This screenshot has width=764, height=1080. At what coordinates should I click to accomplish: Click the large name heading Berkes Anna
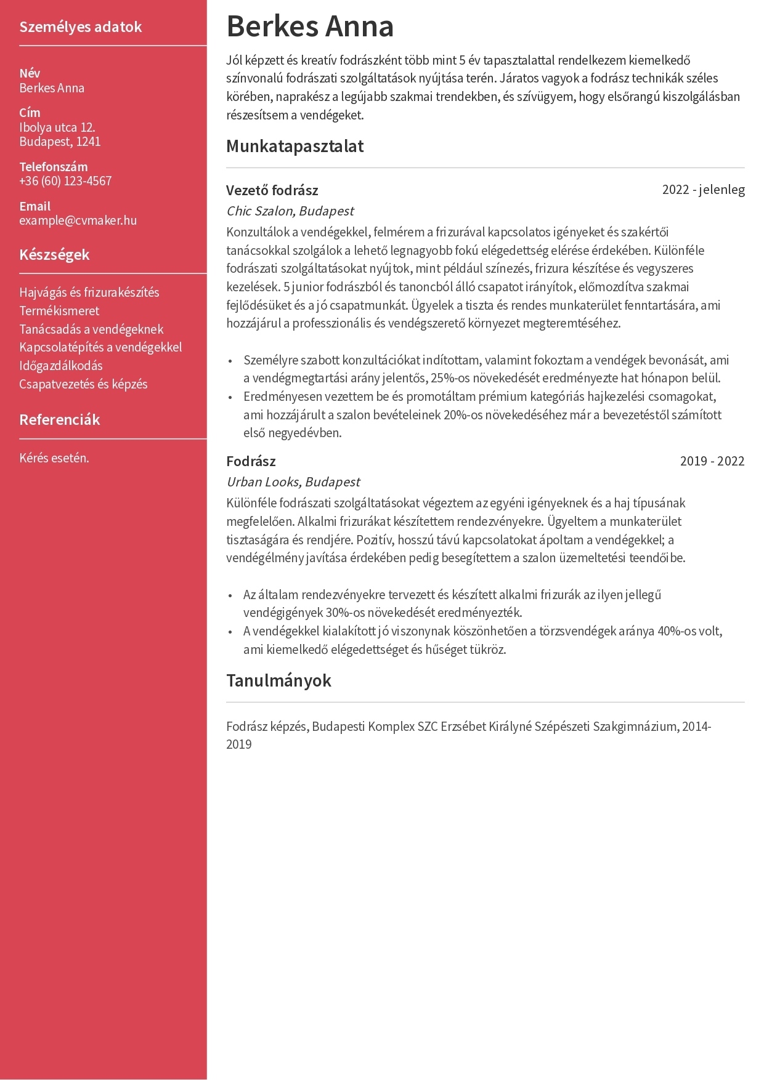[310, 26]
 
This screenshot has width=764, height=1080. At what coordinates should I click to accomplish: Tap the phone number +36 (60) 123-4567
[65, 181]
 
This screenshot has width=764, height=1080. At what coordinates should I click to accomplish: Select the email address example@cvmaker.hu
[78, 220]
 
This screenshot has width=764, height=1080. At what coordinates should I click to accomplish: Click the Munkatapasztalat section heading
[295, 147]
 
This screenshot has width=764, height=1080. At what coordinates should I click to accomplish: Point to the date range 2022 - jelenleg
[703, 190]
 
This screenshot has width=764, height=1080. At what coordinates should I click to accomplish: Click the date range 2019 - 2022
[712, 461]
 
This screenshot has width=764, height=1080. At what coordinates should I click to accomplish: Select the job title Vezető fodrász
[272, 190]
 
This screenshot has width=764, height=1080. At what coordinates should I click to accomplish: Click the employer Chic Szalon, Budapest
[290, 211]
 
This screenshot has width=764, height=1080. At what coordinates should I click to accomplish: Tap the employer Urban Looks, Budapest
[293, 482]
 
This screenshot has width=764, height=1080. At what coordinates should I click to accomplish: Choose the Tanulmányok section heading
[278, 680]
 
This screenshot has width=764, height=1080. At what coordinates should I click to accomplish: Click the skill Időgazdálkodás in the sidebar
[61, 366]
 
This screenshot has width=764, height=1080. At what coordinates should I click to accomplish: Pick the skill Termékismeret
[59, 311]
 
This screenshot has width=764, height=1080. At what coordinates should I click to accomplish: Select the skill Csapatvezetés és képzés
[83, 384]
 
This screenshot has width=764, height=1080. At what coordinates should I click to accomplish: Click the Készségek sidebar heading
[54, 255]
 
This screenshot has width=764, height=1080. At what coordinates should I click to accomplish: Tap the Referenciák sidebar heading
[59, 420]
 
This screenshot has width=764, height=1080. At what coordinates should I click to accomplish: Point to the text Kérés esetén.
[54, 458]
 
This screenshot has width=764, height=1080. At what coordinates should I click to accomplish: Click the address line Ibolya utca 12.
[57, 128]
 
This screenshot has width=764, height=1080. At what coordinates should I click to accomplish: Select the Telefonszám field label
[54, 167]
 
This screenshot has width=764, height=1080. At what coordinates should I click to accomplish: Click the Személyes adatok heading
[81, 27]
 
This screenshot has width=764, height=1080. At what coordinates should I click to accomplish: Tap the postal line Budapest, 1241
[60, 142]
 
